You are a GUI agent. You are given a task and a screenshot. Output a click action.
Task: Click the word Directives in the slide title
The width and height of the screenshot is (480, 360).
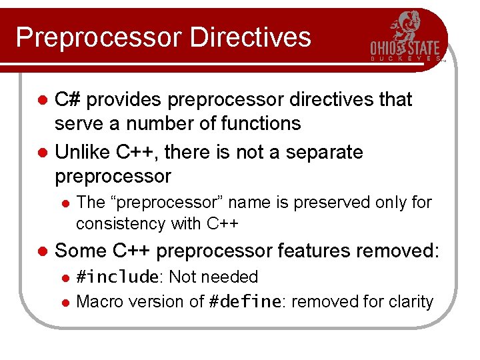coord(250,37)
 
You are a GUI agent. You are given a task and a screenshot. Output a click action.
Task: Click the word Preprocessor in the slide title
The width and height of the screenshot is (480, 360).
coord(99,37)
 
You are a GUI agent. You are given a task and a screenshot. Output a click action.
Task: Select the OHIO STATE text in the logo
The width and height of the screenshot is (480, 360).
coord(405,48)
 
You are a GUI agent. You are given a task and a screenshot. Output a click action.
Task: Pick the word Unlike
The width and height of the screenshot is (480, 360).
coord(82,152)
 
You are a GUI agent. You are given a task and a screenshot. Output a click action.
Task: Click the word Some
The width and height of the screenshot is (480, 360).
coord(81,251)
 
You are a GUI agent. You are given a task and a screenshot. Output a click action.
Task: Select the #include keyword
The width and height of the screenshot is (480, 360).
coord(117,277)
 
